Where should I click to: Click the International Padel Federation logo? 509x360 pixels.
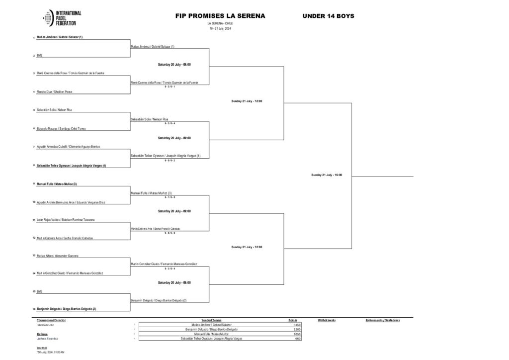click(x=63, y=18)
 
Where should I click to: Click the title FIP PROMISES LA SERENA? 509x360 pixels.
click(x=220, y=16)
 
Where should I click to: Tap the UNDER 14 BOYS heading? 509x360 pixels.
click(x=328, y=16)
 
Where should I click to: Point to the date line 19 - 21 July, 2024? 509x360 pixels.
click(x=220, y=28)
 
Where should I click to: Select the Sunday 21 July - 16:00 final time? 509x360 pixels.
click(x=327, y=175)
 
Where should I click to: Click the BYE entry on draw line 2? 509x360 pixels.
click(x=39, y=56)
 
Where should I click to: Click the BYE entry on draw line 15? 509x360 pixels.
click(x=39, y=291)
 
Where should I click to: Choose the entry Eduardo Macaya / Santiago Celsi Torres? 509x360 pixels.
click(x=61, y=128)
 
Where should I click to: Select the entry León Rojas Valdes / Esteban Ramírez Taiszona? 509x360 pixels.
click(x=66, y=219)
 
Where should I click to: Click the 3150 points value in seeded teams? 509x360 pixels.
click(x=297, y=325)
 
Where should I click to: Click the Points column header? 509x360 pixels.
click(x=294, y=320)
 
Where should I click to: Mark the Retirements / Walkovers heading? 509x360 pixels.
click(x=382, y=320)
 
